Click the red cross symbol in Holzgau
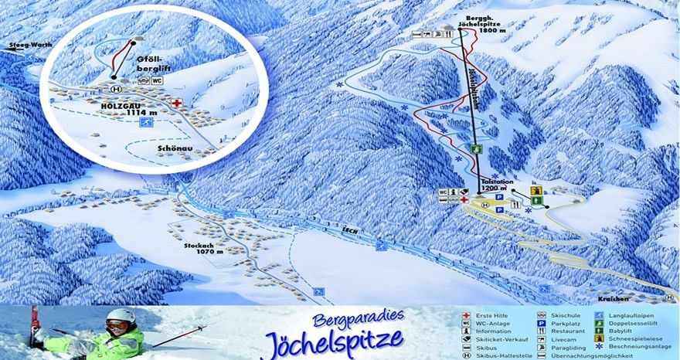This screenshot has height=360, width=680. pyautogui.click(x=177, y=102)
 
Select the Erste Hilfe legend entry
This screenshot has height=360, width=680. pyautogui.click(x=491, y=316)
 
